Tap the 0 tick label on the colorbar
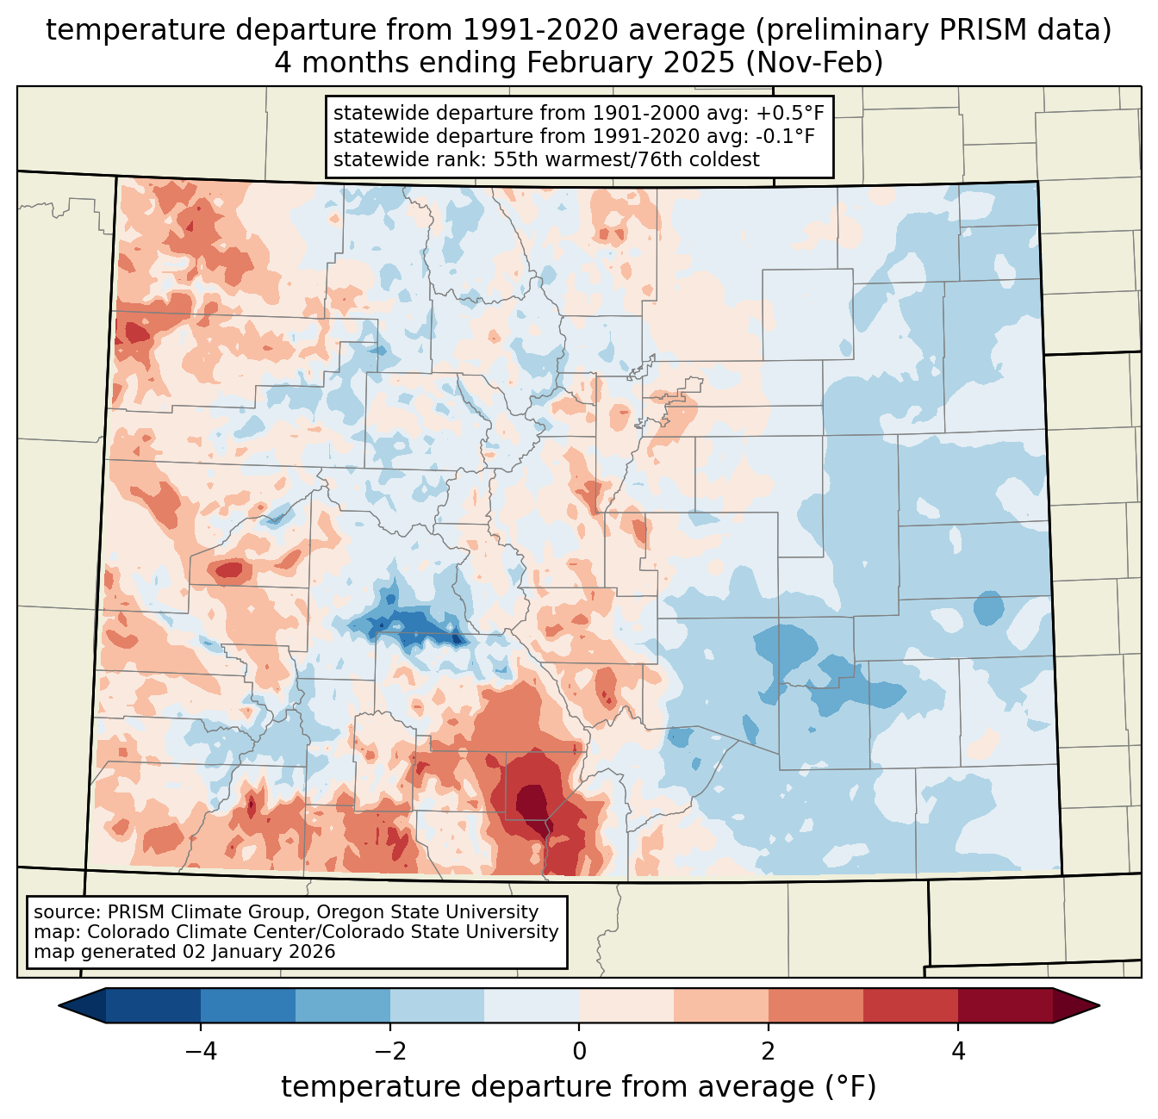579,1051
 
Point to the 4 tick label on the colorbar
957,1051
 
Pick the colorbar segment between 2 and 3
815,1005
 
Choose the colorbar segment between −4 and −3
248,1005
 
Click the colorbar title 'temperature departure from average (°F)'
579,1087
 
